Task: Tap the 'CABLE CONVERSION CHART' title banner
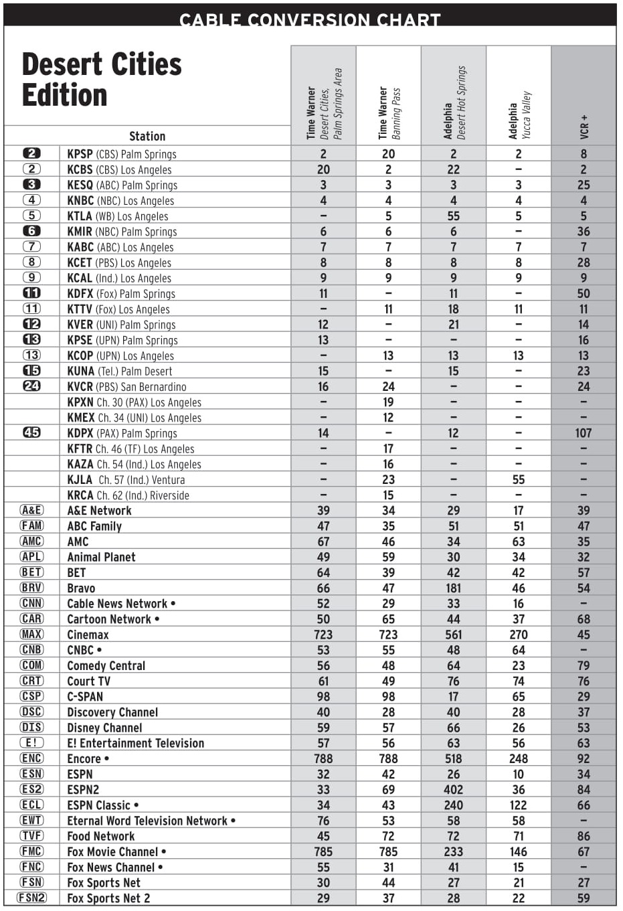(x=310, y=19)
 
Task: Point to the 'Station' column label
(x=147, y=136)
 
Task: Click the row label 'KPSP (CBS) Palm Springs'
(x=122, y=154)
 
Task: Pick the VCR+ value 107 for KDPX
(x=584, y=433)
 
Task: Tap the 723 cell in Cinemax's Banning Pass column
(x=388, y=635)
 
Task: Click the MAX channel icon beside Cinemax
(x=31, y=634)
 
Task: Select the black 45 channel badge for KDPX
(x=31, y=432)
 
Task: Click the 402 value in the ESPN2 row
(x=453, y=790)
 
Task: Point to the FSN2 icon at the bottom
(x=31, y=898)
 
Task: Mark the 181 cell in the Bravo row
(x=453, y=588)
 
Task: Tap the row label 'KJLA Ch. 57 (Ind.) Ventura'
(x=126, y=480)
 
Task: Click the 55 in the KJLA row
(x=519, y=480)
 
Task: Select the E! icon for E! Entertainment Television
(x=31, y=742)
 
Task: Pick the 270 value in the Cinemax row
(x=519, y=635)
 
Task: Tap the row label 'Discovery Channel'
(x=112, y=712)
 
